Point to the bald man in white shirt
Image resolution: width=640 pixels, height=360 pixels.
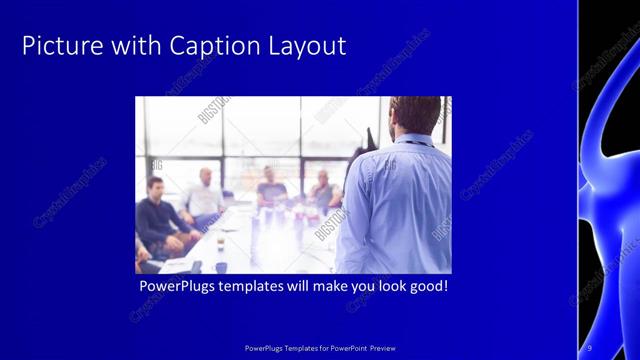(x=204, y=195)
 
